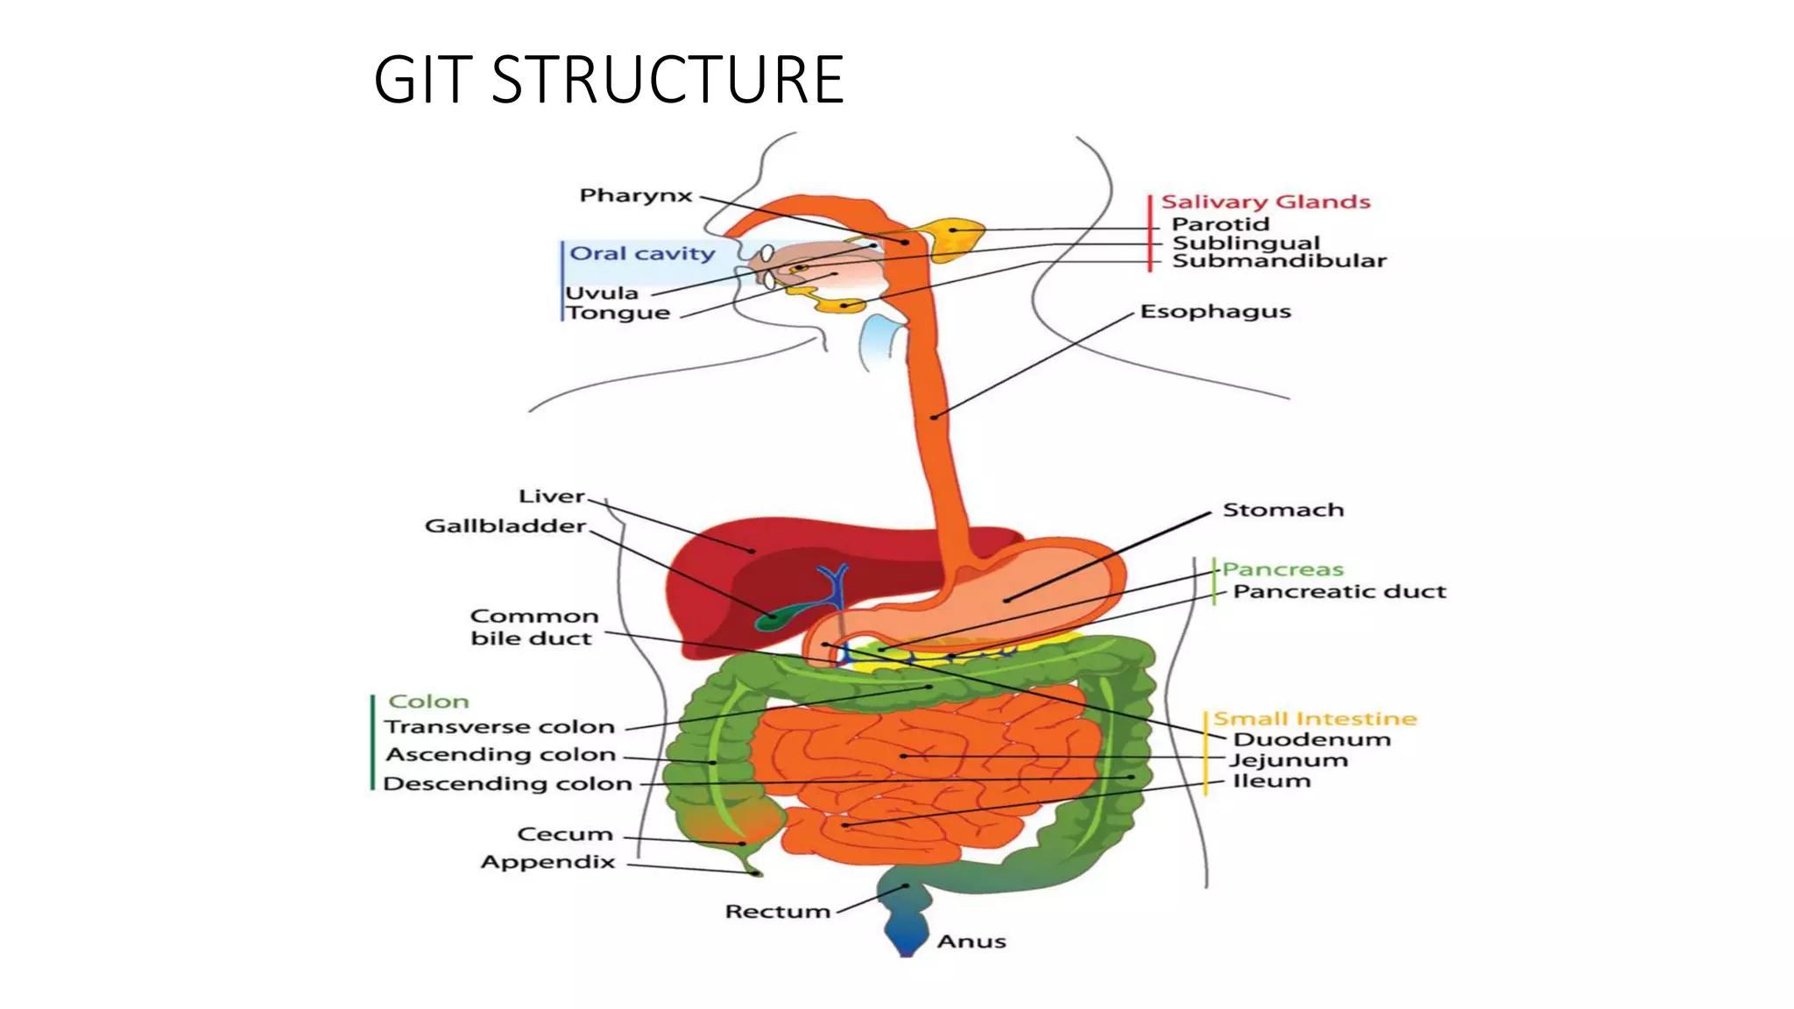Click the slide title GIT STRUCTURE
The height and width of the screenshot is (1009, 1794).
pos(608,80)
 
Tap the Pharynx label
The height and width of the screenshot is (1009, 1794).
pos(636,195)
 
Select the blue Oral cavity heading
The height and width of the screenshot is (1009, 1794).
pos(642,253)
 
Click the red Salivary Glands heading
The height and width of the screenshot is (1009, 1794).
pos(1265,202)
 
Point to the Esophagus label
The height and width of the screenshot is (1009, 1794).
pos(1215,312)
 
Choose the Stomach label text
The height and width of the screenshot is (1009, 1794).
pos(1282,510)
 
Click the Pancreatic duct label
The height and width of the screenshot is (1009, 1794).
pos(1338,592)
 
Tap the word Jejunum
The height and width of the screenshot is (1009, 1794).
pos(1288,760)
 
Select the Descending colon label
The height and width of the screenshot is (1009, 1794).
pos(508,784)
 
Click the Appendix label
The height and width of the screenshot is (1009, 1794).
pos(548,862)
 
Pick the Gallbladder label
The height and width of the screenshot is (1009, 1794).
pos(505,526)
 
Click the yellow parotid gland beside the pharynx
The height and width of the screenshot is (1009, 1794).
pos(955,236)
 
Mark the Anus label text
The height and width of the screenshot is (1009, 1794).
pos(971,942)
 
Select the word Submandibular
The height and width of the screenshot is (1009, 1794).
pos(1279,261)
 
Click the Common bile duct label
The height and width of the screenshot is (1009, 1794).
pos(533,627)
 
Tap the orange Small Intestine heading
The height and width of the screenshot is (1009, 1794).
pos(1314,719)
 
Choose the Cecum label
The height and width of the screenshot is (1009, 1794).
pos(565,834)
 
